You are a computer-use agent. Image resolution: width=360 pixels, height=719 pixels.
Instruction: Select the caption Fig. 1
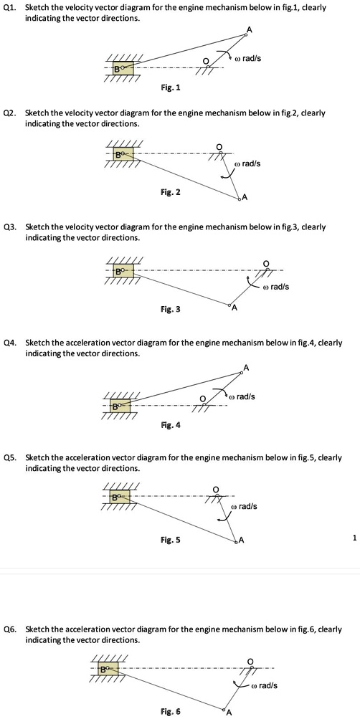pyautogui.click(x=171, y=87)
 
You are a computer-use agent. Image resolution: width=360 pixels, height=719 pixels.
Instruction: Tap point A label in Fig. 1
pyautogui.click(x=250, y=29)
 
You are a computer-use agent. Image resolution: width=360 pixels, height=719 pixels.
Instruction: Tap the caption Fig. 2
pyautogui.click(x=171, y=192)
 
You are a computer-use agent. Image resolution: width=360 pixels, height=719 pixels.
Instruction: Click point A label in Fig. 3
pyautogui.click(x=235, y=308)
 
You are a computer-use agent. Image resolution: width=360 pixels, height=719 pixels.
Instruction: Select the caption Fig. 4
pyautogui.click(x=171, y=425)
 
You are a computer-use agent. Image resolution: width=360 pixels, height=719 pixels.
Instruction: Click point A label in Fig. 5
pyautogui.click(x=242, y=540)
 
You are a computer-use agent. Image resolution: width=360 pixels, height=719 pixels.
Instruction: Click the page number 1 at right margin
pyautogui.click(x=354, y=536)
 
